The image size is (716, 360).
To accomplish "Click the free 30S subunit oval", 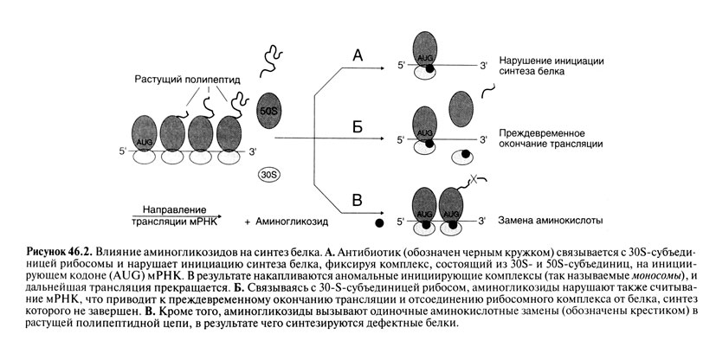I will tap(268, 174).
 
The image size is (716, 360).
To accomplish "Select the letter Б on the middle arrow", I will tap(358, 127).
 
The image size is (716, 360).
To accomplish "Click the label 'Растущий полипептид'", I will tap(189, 78).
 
